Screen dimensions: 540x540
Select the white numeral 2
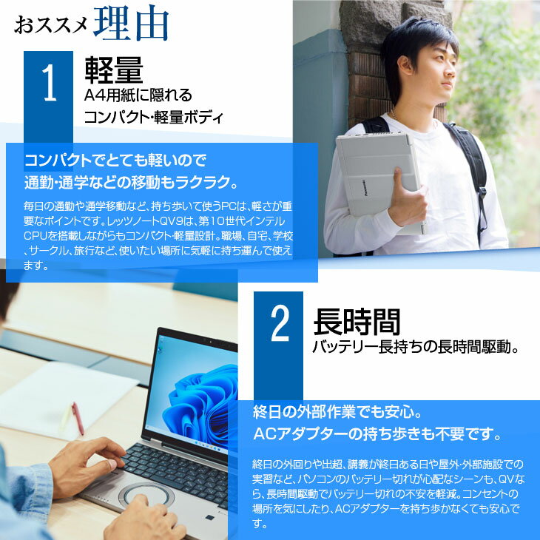(x=279, y=325)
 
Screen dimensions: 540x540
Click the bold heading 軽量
(x=113, y=70)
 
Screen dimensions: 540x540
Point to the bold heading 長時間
(x=357, y=322)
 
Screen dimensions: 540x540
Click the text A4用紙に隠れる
(x=138, y=95)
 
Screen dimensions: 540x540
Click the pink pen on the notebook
(x=77, y=418)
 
